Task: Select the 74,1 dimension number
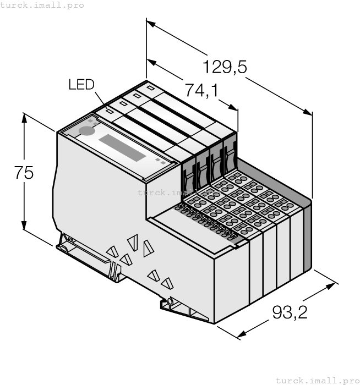(201, 90)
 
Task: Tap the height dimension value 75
(24, 173)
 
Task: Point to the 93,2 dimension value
(290, 312)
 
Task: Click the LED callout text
(81, 84)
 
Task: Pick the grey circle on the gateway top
(86, 130)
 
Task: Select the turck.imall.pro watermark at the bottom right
(317, 380)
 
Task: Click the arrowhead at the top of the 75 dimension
(24, 117)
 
